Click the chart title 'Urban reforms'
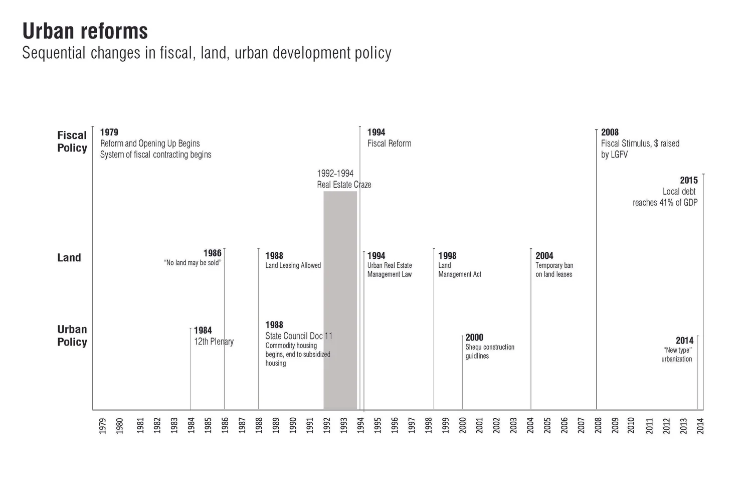85,31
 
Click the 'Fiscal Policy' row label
72,141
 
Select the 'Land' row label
69,258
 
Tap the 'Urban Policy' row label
72,336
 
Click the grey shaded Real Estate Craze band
340,301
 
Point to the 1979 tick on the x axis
102,426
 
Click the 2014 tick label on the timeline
700,426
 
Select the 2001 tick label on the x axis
479,426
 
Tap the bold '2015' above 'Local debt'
688,181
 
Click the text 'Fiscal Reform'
389,143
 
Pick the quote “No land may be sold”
193,263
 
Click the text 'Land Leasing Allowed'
293,265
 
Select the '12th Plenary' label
214,342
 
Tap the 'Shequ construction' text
490,347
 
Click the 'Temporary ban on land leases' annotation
554,270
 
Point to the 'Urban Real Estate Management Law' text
390,270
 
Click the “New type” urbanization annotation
677,355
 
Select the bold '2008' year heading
610,132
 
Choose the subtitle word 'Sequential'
54,53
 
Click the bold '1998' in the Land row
447,256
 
